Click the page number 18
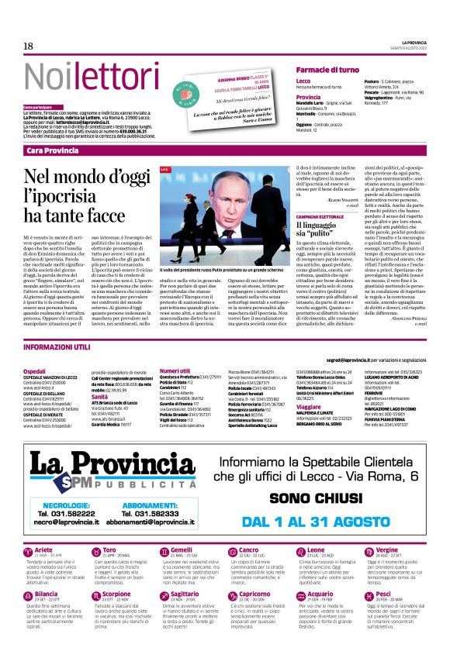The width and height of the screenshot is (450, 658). (x=28, y=47)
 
